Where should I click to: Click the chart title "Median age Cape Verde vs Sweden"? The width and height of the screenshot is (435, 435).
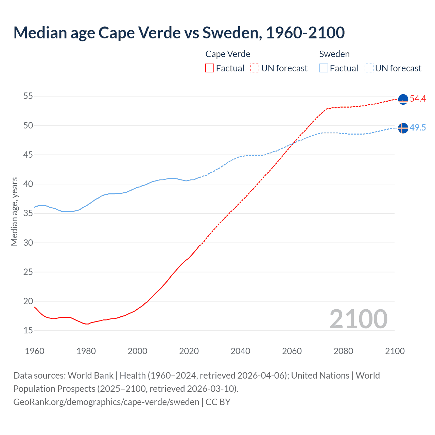pos(179,33)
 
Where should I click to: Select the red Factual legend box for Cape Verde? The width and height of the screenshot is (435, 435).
pos(210,68)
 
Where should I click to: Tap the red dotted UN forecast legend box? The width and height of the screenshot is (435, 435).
pos(255,68)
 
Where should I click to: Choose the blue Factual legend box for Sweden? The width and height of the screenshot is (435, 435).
pos(324,68)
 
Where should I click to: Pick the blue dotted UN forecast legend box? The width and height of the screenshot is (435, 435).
pos(369,68)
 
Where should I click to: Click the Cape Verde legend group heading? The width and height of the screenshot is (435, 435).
pos(228,54)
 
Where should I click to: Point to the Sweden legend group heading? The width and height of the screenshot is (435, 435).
pos(334,54)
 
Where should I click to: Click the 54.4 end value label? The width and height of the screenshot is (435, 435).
pos(418,99)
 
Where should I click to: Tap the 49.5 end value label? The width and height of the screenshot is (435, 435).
pos(418,128)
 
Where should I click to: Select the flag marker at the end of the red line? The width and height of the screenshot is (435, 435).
pos(403,99)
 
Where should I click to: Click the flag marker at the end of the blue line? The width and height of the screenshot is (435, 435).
pos(403,128)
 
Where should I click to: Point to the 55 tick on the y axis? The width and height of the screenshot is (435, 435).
pos(28,96)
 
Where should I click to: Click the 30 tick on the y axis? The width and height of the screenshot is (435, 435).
pos(28,243)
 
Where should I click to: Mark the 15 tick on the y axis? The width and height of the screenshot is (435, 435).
pos(28,330)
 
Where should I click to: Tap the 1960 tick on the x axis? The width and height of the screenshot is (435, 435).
pos(35,351)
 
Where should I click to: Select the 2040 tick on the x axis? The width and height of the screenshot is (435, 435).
pos(240,351)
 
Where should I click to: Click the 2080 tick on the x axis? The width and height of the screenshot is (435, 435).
pos(343,351)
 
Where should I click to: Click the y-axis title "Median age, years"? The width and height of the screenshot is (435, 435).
pos(15,211)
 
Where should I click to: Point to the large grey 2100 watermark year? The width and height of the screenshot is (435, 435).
pos(358,319)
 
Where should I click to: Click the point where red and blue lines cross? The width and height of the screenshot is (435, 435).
pos(293,143)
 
